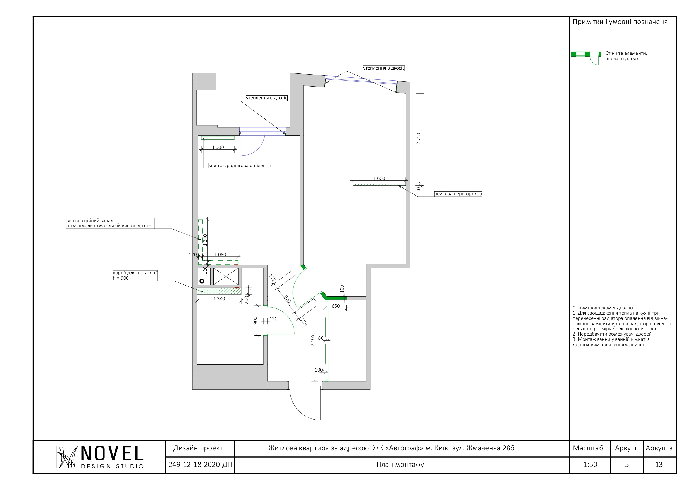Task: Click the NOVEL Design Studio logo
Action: (100, 457)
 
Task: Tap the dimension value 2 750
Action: (418, 139)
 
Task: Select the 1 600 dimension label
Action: (379, 179)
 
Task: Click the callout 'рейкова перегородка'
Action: (458, 194)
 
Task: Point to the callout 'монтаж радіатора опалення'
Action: (240, 165)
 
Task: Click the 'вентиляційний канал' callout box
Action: (110, 223)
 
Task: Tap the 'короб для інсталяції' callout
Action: (135, 275)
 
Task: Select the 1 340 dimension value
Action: (219, 299)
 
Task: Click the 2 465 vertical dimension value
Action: (312, 340)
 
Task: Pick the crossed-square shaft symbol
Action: (226, 276)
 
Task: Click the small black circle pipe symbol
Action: (202, 281)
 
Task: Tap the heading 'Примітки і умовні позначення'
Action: (620, 22)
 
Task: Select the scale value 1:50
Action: (590, 465)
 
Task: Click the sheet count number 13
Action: (659, 465)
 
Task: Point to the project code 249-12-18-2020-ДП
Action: (200, 465)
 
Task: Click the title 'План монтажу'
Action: (400, 465)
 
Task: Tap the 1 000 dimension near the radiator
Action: (218, 147)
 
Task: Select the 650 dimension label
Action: (336, 306)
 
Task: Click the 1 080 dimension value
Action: (220, 255)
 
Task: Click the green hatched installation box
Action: (219, 291)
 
